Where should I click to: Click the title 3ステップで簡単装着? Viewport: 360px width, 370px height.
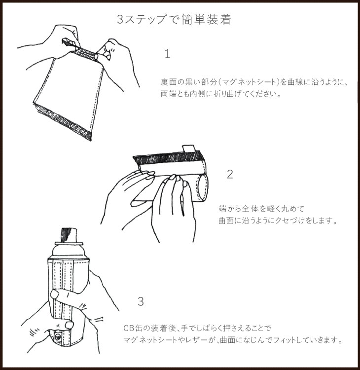pos(180,20)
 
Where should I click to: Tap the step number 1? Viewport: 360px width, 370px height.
pos(167,54)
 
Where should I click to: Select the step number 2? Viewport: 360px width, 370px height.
pos(230,174)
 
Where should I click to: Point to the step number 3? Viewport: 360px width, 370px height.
pos(141,301)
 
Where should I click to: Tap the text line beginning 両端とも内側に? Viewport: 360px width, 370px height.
pos(221,94)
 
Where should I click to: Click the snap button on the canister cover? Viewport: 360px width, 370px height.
pos(58,337)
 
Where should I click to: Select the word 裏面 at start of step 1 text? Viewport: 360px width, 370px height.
pos(169,81)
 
